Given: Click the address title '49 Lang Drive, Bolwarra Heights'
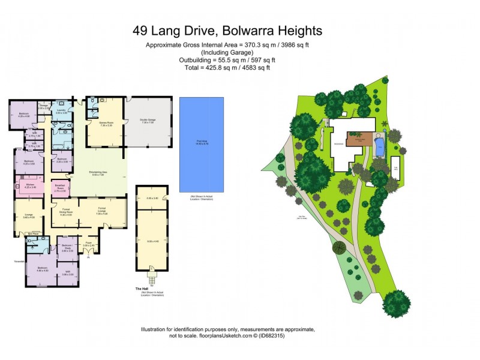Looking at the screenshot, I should pos(227,31).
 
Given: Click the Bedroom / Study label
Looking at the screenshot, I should pos(67,247).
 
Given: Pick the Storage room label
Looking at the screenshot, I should pos(43,106).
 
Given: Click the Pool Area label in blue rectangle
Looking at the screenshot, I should pos(202,142).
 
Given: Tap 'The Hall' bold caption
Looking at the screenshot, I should pos(142,289).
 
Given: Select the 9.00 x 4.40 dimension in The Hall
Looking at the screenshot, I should pos(152,241).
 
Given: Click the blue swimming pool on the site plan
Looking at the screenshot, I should pos(379,147).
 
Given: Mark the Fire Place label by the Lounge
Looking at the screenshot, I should pos(35,234).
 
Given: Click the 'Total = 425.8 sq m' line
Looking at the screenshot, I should pos(227,67).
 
